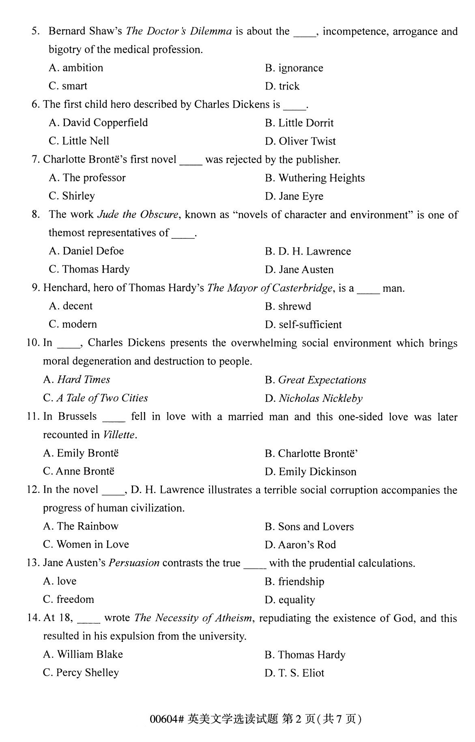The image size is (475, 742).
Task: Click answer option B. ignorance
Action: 294,68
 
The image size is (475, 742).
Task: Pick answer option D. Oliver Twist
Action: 300,141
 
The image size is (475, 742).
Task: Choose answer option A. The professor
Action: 87,178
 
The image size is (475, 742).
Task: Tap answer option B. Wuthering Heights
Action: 315,178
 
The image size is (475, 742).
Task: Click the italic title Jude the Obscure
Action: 138,214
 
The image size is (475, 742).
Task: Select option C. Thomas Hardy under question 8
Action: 89,269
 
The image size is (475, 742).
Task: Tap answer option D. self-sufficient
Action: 303,324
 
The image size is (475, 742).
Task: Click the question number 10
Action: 32,343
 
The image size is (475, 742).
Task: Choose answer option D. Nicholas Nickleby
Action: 314,398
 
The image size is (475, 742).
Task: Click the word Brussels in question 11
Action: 77,416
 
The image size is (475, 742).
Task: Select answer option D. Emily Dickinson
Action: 310,472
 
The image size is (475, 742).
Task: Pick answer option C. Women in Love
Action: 86,544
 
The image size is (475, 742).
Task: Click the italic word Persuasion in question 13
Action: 134,563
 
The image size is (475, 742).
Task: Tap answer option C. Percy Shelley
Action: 81,673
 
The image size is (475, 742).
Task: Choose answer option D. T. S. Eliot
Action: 294,673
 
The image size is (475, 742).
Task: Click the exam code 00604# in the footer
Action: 167,719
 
